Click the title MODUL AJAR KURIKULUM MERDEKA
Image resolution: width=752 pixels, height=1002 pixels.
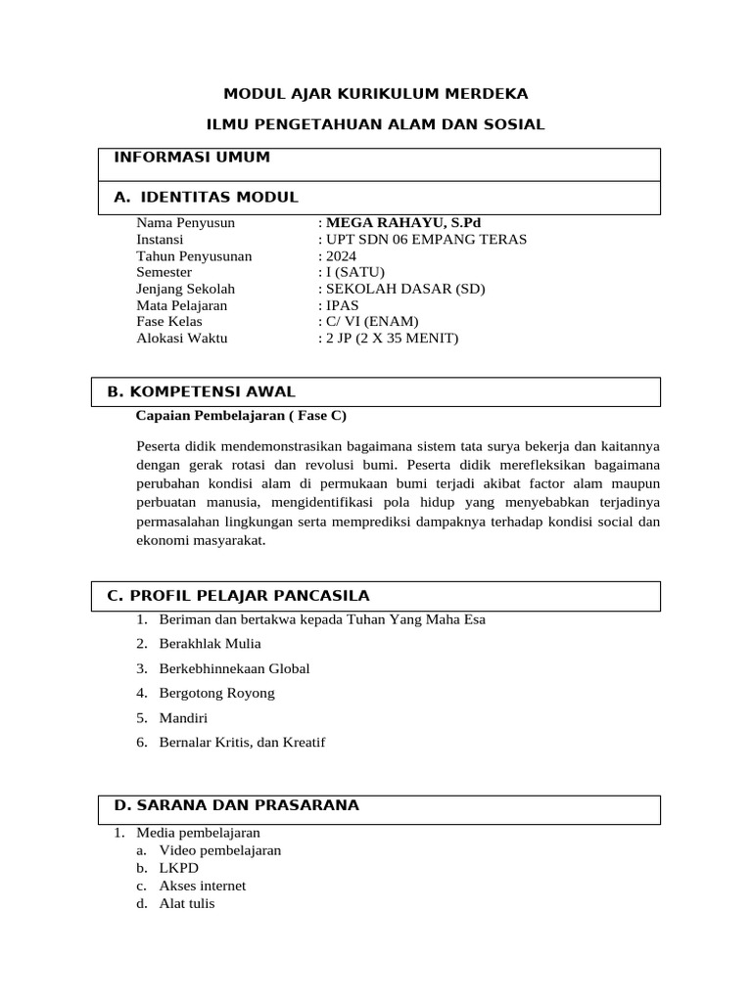pyautogui.click(x=376, y=94)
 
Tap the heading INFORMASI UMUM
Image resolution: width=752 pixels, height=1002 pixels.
pyautogui.click(x=192, y=158)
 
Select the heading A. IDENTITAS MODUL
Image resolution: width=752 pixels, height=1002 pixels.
pyautogui.click(x=206, y=198)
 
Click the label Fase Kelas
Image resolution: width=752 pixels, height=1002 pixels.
pyautogui.click(x=168, y=322)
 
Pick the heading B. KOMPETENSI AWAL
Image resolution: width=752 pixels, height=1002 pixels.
pyautogui.click(x=201, y=392)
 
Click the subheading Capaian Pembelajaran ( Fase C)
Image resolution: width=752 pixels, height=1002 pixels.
pyautogui.click(x=241, y=415)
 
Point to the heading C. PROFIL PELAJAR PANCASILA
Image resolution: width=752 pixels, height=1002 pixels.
pyautogui.click(x=237, y=596)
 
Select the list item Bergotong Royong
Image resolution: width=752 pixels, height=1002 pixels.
pyautogui.click(x=216, y=693)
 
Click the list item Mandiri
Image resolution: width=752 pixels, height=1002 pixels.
pyautogui.click(x=183, y=717)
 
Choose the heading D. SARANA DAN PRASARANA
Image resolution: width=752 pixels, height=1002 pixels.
pyautogui.click(x=236, y=805)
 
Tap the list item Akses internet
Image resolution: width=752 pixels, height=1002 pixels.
pyautogui.click(x=203, y=886)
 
